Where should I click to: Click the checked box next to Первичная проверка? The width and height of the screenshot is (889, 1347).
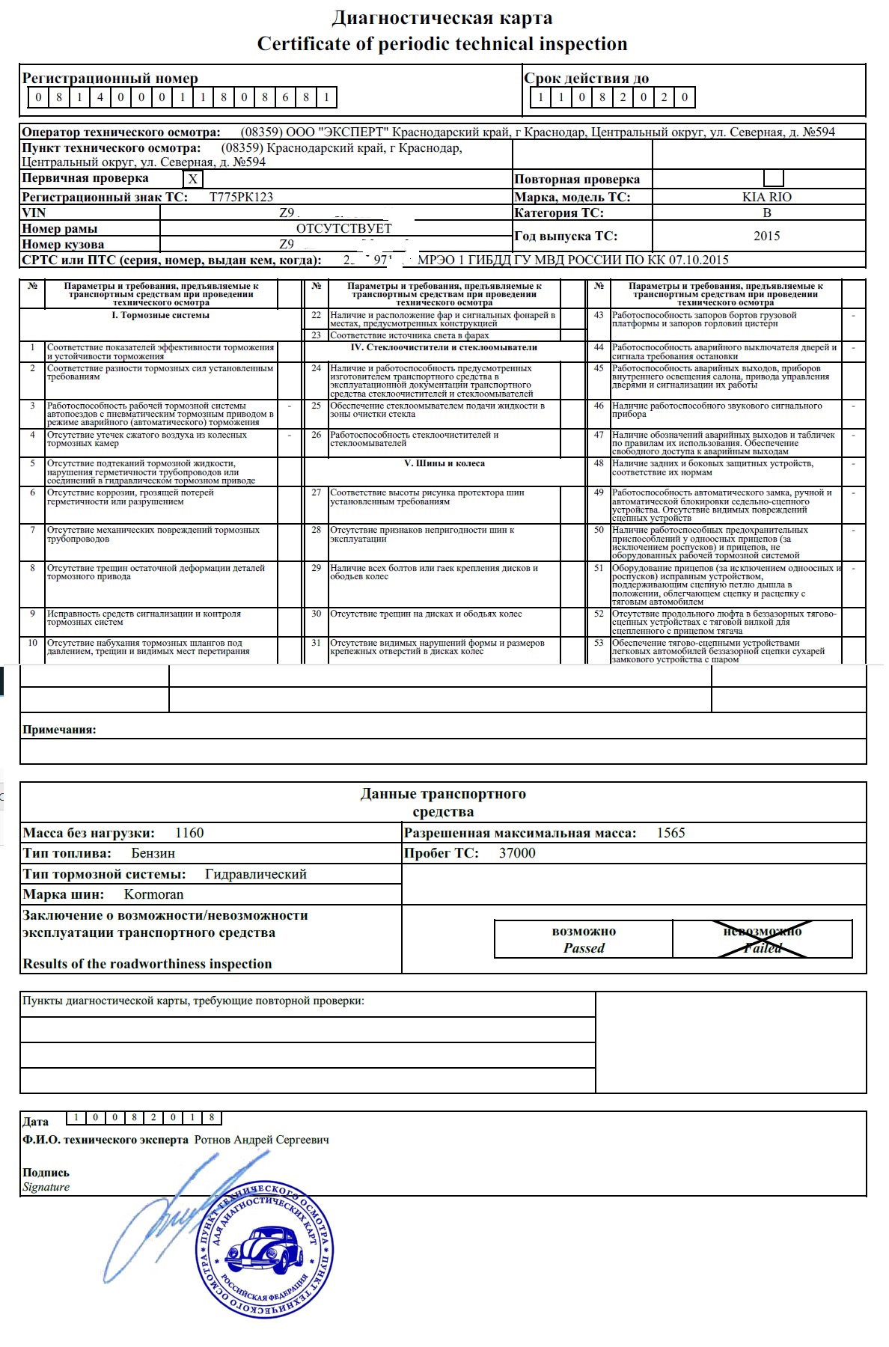(x=193, y=180)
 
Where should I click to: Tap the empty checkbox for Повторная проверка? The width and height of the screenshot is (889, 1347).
(x=774, y=179)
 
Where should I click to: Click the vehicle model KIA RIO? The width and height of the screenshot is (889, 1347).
(x=766, y=198)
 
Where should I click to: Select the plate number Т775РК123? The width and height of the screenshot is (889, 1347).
(x=241, y=198)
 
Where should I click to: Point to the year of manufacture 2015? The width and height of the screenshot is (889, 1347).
(x=766, y=236)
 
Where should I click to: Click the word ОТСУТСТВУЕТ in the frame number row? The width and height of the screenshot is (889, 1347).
(x=343, y=229)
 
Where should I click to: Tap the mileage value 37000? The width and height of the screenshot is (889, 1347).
(x=517, y=853)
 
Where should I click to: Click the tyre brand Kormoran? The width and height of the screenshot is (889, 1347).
(x=153, y=894)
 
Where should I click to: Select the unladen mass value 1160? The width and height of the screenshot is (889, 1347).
(x=189, y=833)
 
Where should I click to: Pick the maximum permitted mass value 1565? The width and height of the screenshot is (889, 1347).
(x=670, y=833)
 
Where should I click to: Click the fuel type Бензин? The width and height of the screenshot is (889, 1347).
(x=153, y=853)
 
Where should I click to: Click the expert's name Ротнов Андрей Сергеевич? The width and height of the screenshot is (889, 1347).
(x=261, y=1140)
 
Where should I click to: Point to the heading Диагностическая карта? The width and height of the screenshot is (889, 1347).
(x=442, y=18)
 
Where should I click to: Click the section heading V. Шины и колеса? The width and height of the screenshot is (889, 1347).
(x=444, y=464)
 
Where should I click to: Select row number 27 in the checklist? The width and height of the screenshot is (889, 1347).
(x=316, y=493)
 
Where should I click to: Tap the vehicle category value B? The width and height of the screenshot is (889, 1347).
(x=766, y=213)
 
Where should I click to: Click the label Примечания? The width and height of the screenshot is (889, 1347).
(x=59, y=730)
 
